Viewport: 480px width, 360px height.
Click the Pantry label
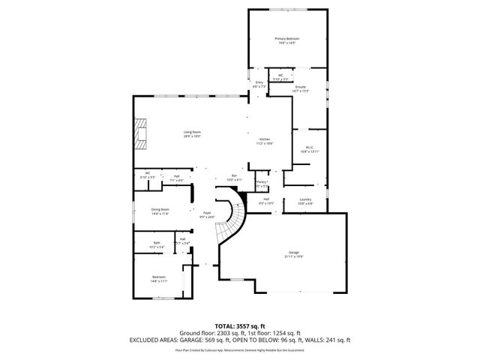coord(262,183)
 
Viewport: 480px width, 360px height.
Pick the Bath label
coord(157,244)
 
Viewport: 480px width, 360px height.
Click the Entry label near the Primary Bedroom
coord(259,84)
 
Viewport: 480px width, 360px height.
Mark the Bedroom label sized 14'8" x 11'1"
coord(158,278)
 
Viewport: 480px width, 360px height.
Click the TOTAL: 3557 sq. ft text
coord(239,325)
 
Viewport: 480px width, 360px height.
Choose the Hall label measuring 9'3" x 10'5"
coord(266,200)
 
